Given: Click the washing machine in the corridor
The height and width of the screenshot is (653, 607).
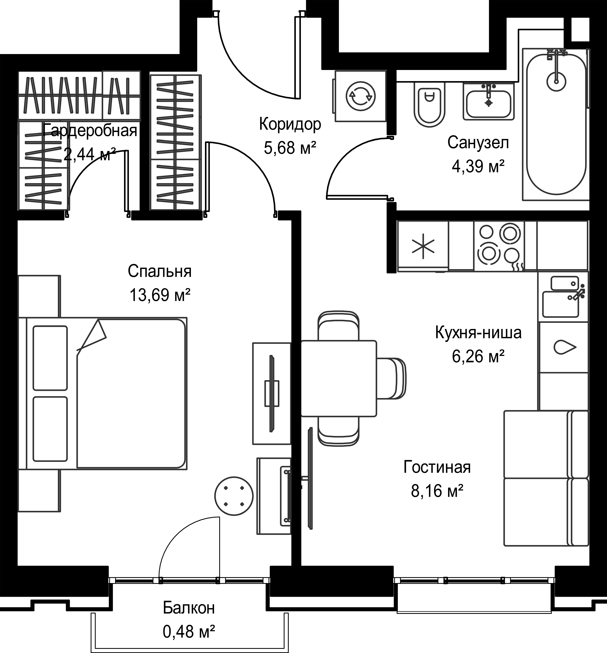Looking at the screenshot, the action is click(360, 96).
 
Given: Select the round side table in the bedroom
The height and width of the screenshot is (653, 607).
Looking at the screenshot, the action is click(234, 496).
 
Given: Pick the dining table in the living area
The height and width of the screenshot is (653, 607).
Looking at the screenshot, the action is click(339, 378).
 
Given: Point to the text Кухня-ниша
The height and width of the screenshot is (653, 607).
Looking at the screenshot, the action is click(478, 333).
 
